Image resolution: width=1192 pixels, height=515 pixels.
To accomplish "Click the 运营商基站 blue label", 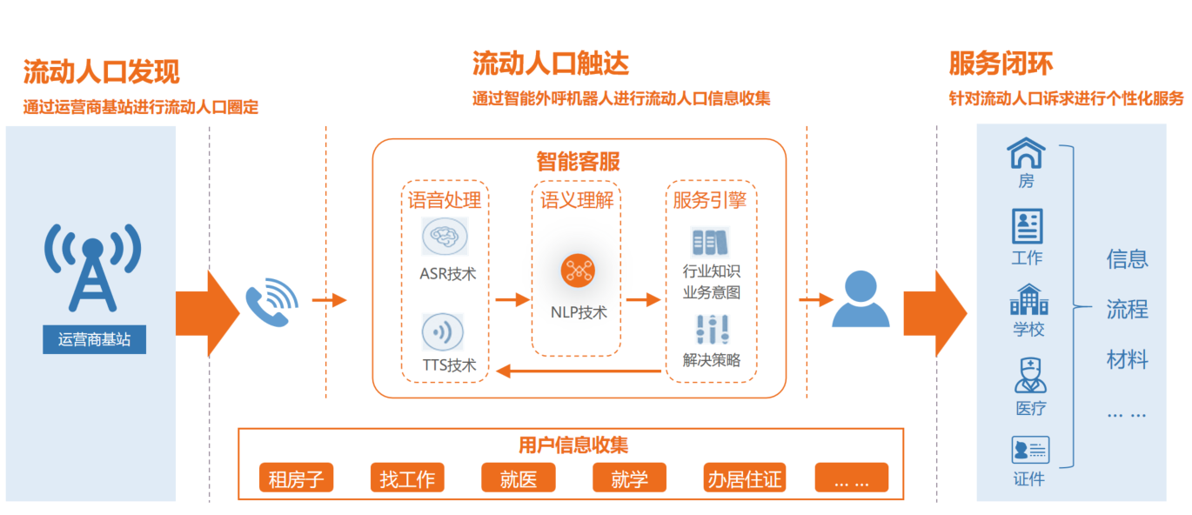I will pyautogui.click(x=94, y=339).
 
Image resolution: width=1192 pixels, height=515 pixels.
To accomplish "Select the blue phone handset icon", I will pyautogui.click(x=271, y=301).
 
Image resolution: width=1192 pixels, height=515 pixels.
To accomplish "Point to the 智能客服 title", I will pyautogui.click(x=579, y=161).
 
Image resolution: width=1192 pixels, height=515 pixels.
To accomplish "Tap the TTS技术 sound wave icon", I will pyautogui.click(x=443, y=332).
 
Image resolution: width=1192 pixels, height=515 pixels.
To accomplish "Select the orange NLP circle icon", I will pyautogui.click(x=577, y=271).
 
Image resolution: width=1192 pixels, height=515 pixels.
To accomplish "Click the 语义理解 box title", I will pyautogui.click(x=577, y=200).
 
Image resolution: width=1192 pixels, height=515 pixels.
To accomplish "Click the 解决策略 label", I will pyautogui.click(x=712, y=359).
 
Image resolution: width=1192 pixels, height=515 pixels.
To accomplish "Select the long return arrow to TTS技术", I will pyautogui.click(x=579, y=372).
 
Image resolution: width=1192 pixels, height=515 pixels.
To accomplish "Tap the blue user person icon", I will pyautogui.click(x=861, y=299).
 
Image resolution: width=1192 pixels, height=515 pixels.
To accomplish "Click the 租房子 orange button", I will pyautogui.click(x=296, y=478).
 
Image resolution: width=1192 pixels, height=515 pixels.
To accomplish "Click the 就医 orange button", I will pyautogui.click(x=519, y=478).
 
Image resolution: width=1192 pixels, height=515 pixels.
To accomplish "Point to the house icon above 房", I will pyautogui.click(x=1027, y=154).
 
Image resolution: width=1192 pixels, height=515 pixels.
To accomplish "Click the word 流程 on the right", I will pyautogui.click(x=1127, y=309).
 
